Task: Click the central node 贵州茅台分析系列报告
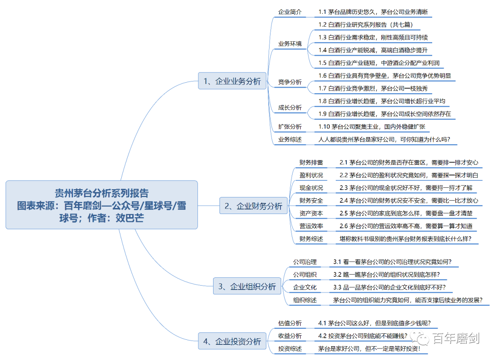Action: point(101,205)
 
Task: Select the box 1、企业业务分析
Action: point(232,82)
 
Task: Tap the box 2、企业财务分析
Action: point(254,206)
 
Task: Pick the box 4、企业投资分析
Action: point(232,341)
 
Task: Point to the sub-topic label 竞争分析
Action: point(290,82)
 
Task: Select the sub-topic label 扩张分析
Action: point(290,126)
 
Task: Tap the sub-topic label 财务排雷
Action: point(311,163)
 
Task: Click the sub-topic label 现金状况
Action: point(311,188)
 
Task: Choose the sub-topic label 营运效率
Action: point(311,226)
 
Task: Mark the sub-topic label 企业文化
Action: point(305,287)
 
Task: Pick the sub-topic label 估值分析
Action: point(290,323)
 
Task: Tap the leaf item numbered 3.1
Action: point(392,262)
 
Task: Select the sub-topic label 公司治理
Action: point(305,262)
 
